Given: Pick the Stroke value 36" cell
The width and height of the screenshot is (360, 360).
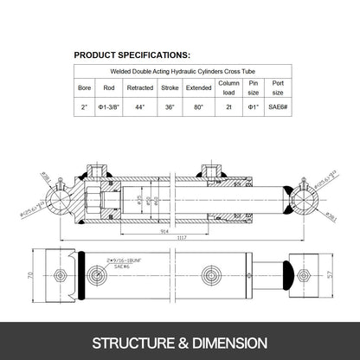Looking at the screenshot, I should [170, 107].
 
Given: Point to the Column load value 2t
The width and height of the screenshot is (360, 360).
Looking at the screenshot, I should [228, 107].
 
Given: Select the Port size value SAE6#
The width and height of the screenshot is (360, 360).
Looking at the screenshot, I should [278, 107].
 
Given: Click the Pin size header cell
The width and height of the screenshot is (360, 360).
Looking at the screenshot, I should [253, 87].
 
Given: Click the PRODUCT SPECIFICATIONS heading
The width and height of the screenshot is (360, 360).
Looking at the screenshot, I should [132, 54].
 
